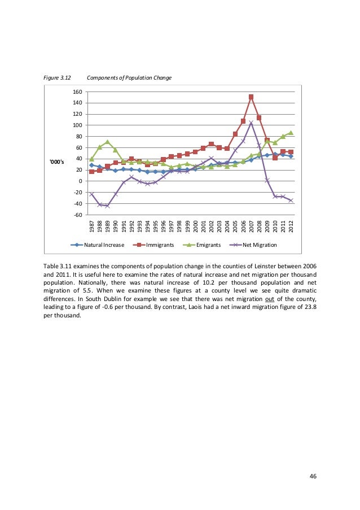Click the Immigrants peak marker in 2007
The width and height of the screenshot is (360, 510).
[251, 97]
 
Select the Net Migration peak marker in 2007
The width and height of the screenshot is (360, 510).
[251, 123]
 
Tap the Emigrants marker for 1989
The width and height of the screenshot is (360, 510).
[107, 142]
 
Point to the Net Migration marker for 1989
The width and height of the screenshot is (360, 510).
[107, 206]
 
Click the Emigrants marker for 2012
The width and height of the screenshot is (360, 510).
[291, 133]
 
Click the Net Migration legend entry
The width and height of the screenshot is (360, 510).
[257, 245]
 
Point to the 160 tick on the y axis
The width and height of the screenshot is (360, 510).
[78, 91]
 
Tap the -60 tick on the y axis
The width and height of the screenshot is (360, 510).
[78, 215]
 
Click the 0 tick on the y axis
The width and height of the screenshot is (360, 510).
[81, 181]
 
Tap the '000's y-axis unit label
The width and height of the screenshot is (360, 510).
[58, 163]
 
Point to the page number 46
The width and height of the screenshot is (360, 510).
[313, 476]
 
